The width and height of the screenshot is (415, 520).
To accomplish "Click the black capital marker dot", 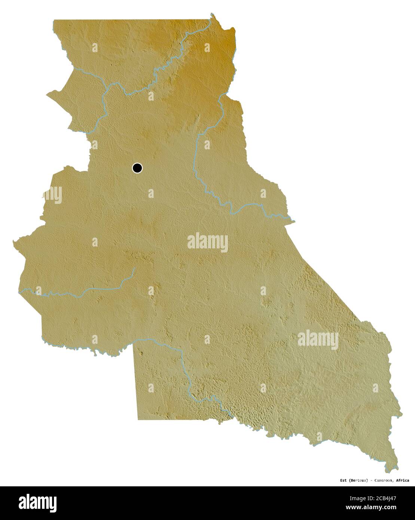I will [x=137, y=168].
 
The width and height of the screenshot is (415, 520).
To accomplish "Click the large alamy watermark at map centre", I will [x=207, y=242].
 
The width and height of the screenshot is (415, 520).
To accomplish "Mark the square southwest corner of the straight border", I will [x=138, y=419].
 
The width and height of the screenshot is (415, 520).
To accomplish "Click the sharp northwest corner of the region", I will [x=54, y=20].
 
